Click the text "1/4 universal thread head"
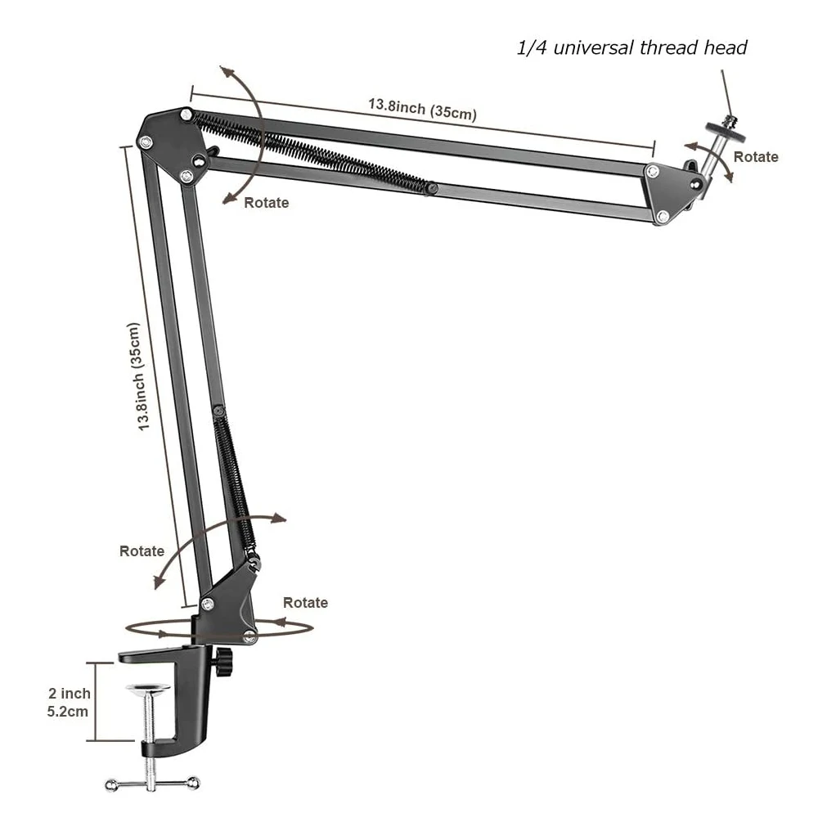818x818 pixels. click(x=632, y=48)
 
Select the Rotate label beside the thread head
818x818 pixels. click(x=755, y=157)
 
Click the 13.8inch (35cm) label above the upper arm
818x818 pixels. click(x=421, y=108)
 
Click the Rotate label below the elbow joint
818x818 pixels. click(x=266, y=203)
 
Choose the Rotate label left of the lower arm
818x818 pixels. click(x=142, y=551)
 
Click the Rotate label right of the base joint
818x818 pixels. click(x=305, y=603)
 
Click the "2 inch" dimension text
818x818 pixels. click(x=70, y=694)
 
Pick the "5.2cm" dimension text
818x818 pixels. click(x=68, y=712)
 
